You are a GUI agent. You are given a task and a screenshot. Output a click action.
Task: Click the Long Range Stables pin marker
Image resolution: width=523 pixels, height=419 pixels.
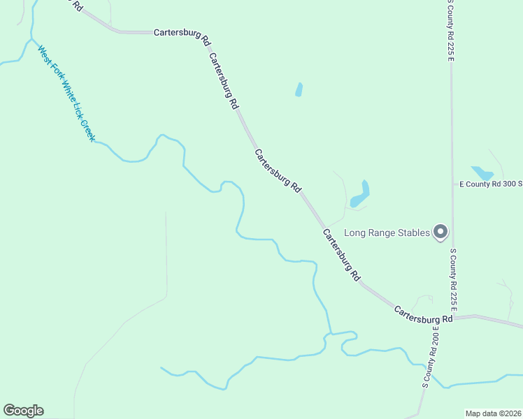click(x=440, y=231)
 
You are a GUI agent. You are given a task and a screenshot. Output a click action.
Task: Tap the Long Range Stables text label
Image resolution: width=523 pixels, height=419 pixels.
click(x=387, y=233)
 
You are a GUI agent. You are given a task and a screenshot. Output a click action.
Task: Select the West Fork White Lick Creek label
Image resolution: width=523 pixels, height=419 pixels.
click(x=66, y=94)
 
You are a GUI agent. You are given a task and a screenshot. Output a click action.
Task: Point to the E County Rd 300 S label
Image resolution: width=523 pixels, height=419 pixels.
click(x=490, y=184)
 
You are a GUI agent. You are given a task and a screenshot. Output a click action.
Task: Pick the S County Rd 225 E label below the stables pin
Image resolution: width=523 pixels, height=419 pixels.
click(x=453, y=279)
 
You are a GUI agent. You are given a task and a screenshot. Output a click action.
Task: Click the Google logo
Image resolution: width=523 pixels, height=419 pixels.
click(x=23, y=411)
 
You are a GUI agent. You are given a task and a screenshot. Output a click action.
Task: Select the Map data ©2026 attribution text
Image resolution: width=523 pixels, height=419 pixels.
click(x=493, y=413)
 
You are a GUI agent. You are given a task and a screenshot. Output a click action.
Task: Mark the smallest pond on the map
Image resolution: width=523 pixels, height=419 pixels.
click(x=299, y=90)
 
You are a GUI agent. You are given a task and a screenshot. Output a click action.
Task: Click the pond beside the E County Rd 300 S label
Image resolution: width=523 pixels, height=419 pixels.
click(x=482, y=172)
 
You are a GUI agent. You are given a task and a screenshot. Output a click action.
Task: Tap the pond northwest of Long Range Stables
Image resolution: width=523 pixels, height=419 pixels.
click(x=360, y=194)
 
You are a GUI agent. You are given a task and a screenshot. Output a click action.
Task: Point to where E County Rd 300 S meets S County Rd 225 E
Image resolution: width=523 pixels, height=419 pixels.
click(x=452, y=184)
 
